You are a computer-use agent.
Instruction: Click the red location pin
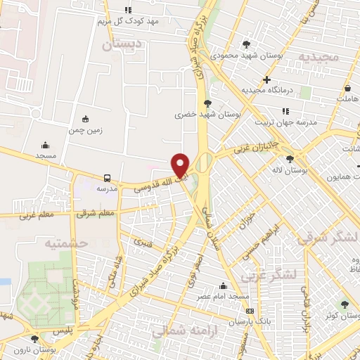coord(181,165)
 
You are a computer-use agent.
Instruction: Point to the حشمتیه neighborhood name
coord(65,243)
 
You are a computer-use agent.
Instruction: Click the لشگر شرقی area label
coord(327,238)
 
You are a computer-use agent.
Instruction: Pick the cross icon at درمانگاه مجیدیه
coord(266,79)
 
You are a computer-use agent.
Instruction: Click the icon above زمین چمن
coord(86,118)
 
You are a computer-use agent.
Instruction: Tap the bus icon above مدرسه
coord(107,178)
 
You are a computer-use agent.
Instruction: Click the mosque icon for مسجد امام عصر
coord(223,285)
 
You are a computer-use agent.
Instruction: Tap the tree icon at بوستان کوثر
coord(344,304)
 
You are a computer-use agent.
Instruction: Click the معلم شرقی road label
coord(96,212)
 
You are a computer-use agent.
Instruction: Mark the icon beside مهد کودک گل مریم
coord(128,10)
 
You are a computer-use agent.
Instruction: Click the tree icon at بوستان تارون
coord(34,339)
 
